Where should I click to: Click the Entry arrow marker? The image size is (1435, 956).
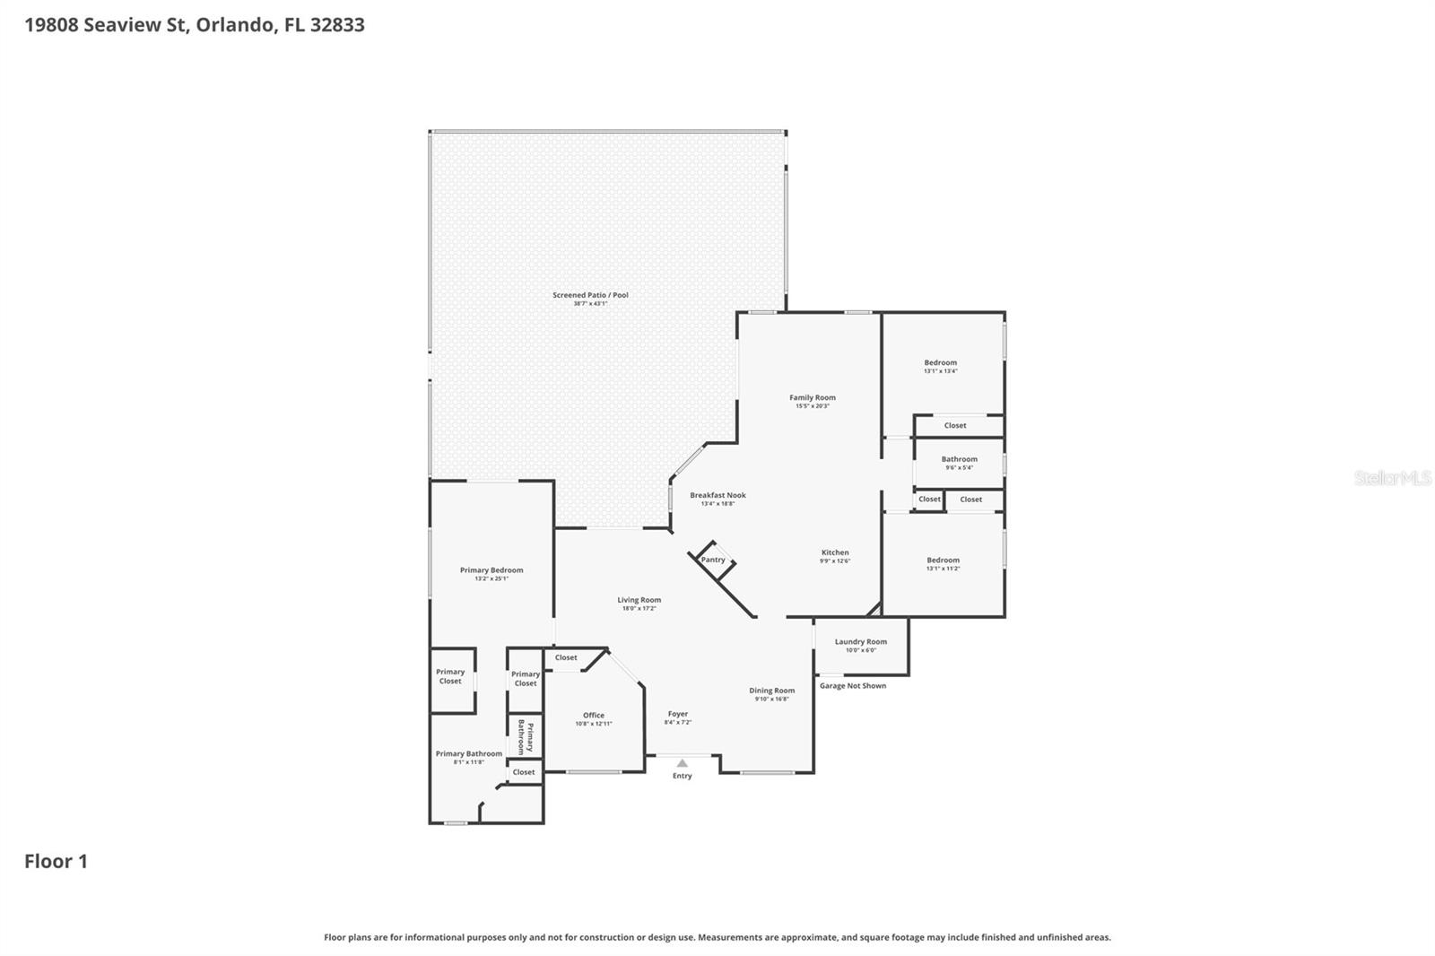pos(682,763)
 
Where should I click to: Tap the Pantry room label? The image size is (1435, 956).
pos(713,560)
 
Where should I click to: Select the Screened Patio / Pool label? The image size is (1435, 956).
pos(590,295)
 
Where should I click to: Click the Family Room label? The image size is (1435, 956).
pos(813,397)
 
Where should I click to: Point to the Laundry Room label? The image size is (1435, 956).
pos(860,641)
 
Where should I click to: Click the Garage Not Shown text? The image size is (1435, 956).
pos(852,685)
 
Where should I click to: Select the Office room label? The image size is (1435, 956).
pos(593,716)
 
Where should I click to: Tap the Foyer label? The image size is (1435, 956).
pos(678,714)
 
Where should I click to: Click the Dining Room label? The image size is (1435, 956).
pos(772,691)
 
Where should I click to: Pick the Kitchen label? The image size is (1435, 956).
pos(835,552)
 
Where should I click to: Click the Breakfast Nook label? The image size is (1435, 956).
pos(717,495)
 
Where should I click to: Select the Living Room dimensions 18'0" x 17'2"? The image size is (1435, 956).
pos(639,609)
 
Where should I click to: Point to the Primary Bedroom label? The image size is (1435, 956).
pos(491,569)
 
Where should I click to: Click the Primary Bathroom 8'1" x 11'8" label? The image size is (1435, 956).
pos(469,758)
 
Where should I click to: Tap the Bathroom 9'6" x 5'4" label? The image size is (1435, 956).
pos(959,463)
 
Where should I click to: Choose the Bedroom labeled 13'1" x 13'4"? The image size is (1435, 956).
pos(940,366)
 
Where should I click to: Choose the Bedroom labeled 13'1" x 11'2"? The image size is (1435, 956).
pos(943,563)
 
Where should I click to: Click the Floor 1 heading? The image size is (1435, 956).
pos(56,861)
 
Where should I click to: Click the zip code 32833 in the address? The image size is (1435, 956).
pos(337,24)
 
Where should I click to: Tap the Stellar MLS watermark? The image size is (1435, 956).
pos(1392,478)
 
